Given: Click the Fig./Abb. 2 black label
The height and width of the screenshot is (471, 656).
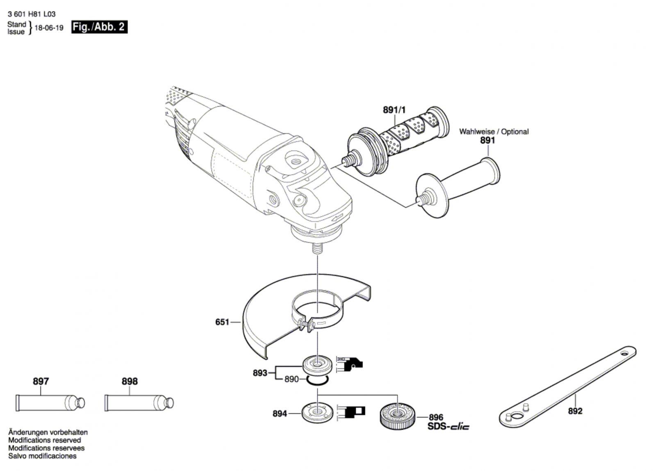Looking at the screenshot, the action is point(99,27).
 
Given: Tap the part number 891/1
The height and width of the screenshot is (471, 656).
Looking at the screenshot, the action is point(394,110).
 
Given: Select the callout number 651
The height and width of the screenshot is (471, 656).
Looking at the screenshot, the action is point(222,322).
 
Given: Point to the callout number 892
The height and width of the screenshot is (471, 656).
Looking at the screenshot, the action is point(575,411).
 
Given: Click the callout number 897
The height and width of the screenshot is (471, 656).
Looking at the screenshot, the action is point(41,381).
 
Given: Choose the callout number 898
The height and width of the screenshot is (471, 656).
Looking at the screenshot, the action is point(130,381).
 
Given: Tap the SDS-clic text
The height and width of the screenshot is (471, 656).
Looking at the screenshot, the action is point(448,426).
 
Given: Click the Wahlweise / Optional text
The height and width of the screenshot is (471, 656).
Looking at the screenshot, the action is point(494,132).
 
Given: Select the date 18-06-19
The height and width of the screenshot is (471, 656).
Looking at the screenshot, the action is point(49,28).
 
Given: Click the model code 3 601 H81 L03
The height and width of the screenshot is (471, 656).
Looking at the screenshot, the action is point(32,14).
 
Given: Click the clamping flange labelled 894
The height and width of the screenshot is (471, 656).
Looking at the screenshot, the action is point(317,413).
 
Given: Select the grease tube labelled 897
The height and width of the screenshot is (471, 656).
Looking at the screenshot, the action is point(50,403).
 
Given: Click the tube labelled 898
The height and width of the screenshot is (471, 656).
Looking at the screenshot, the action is point(139,403).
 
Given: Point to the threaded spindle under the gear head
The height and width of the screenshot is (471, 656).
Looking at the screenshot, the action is point(317,249).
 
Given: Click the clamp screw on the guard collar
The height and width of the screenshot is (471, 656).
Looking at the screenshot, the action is point(305,325).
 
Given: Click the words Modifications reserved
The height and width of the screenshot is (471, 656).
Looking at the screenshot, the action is point(45,440).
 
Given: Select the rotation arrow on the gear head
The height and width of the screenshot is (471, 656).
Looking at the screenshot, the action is point(338,217).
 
